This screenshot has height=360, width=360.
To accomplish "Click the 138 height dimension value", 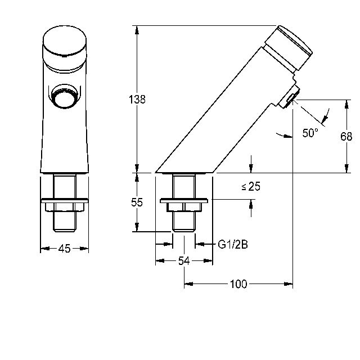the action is [x=137, y=100].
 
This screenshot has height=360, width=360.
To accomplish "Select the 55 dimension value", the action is [x=137, y=202].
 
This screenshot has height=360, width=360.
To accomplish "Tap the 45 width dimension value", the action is [x=64, y=249].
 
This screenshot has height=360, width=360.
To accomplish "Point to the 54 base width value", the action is [x=184, y=261].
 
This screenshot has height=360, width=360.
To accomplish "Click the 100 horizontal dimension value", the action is [x=238, y=284].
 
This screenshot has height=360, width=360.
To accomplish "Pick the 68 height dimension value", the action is [x=346, y=137].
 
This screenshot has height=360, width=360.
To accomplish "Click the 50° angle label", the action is [x=310, y=133].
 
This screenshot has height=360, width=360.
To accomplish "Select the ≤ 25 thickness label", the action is [x=251, y=186].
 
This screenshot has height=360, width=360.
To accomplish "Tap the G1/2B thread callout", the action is [x=233, y=245].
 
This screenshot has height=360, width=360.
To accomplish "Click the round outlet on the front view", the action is [x=65, y=96].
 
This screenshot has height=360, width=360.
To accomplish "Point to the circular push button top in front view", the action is [x=65, y=42].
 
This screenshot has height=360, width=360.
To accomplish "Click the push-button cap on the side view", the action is [x=289, y=48].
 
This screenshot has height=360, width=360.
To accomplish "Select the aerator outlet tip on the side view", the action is [x=290, y=99].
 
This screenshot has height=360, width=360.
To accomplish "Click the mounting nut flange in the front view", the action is [x=64, y=201].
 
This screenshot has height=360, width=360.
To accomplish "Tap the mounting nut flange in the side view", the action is [x=184, y=201].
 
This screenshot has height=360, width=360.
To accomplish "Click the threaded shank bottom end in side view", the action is [x=184, y=230].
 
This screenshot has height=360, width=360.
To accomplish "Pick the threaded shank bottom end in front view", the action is [x=65, y=230].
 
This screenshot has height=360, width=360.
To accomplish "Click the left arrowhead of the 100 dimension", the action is [x=188, y=284].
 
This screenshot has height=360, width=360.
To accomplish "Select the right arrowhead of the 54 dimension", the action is [x=208, y=261].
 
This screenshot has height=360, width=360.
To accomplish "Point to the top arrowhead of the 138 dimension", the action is [x=137, y=30].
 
